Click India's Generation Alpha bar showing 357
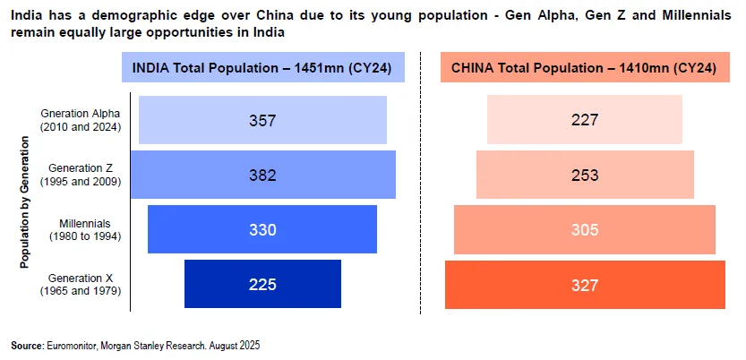(262, 120)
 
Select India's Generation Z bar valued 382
(262, 175)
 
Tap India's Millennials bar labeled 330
(262, 229)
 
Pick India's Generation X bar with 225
(262, 284)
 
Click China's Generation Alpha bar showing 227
(584, 120)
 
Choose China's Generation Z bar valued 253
(584, 175)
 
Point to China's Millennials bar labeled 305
(584, 229)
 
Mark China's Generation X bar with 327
(584, 284)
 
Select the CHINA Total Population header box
(584, 68)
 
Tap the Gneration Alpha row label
(81, 120)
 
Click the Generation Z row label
(81, 175)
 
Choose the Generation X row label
(81, 284)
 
